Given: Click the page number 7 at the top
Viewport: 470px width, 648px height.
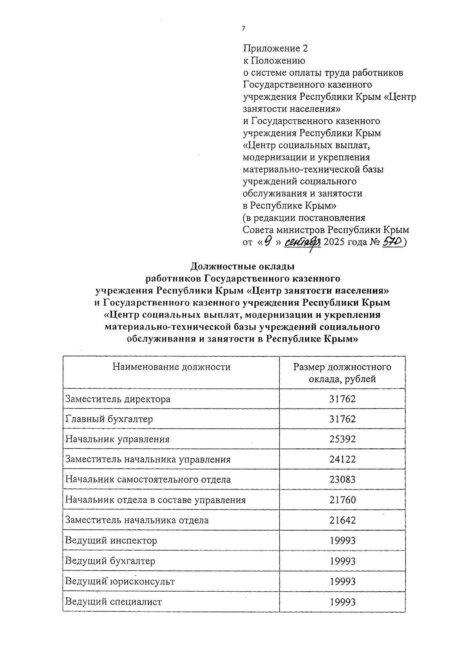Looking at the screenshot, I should click(x=244, y=29).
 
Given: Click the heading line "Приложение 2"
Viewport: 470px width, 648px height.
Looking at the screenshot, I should click(x=275, y=49).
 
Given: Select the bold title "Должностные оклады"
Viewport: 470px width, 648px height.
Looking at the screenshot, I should click(x=242, y=267).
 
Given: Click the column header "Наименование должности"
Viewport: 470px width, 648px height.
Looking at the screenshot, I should click(x=172, y=367).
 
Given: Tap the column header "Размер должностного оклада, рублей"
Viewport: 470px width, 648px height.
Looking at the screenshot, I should click(x=342, y=373).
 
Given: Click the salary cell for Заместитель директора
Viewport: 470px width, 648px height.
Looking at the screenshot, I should click(x=342, y=399).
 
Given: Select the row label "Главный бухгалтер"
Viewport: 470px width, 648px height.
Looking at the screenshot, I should click(x=109, y=419).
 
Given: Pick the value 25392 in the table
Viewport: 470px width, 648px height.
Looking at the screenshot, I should click(x=342, y=439).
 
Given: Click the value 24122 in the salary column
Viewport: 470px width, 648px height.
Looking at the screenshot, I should click(x=342, y=459).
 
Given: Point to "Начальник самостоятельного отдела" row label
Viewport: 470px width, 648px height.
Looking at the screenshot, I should click(x=148, y=479).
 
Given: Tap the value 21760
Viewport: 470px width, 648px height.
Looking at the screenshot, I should click(x=342, y=500).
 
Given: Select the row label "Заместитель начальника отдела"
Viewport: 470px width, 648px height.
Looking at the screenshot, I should click(x=137, y=520).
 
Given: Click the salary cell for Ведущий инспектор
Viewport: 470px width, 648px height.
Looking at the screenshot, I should click(x=342, y=541).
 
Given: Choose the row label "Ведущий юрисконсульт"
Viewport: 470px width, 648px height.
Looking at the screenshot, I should click(x=120, y=581).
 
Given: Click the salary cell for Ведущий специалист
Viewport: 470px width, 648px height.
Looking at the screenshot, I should click(x=342, y=602).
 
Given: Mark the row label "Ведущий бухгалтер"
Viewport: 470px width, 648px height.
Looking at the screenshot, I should click(x=110, y=561).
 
